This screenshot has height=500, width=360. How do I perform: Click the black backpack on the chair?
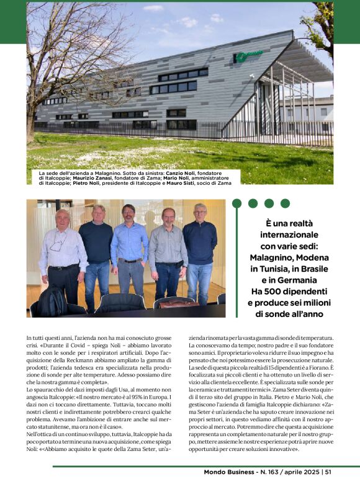click(53, 301)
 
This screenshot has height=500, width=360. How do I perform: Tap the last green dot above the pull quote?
click(285, 203)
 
